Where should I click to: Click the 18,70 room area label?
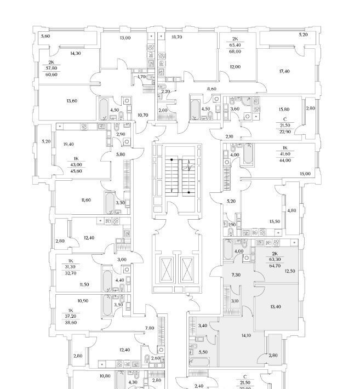(176, 37)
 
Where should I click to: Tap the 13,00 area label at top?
(125, 37)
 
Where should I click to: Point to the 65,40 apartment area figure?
(235, 46)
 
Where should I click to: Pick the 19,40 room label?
(69, 144)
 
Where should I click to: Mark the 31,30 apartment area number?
(70, 266)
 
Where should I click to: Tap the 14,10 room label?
(240, 335)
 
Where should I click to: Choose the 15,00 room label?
(305, 174)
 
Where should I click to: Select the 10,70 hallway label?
(142, 115)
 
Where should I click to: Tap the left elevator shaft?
(166, 268)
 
